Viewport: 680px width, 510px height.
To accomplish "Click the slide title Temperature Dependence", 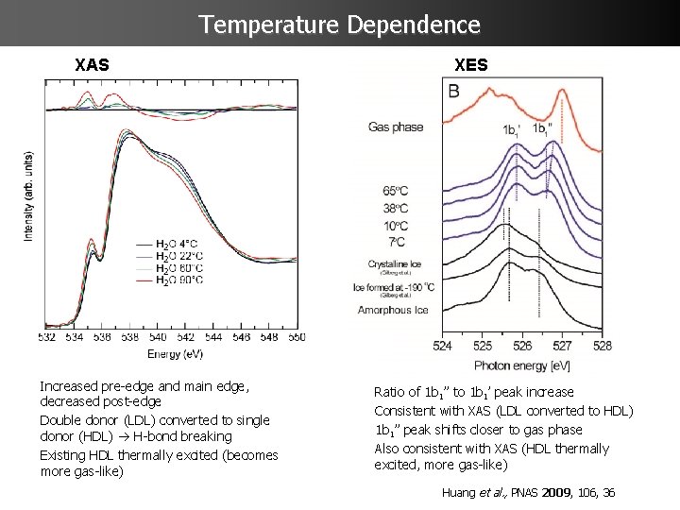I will click(340, 24).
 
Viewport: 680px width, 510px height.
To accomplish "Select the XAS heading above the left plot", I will click(92, 66).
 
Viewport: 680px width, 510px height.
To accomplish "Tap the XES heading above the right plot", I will click(471, 66).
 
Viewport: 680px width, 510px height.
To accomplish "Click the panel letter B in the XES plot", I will click(454, 92).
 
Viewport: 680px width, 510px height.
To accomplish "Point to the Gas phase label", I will click(396, 126).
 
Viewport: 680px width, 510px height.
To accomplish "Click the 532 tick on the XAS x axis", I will click(47, 336).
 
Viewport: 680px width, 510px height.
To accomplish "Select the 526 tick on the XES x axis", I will click(522, 346).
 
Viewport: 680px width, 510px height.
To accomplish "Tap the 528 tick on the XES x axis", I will click(602, 346).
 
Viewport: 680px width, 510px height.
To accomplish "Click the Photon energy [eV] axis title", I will click(521, 365).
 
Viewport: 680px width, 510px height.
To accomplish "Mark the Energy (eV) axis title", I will click(175, 353).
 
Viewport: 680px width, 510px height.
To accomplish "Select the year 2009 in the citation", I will click(555, 492).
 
